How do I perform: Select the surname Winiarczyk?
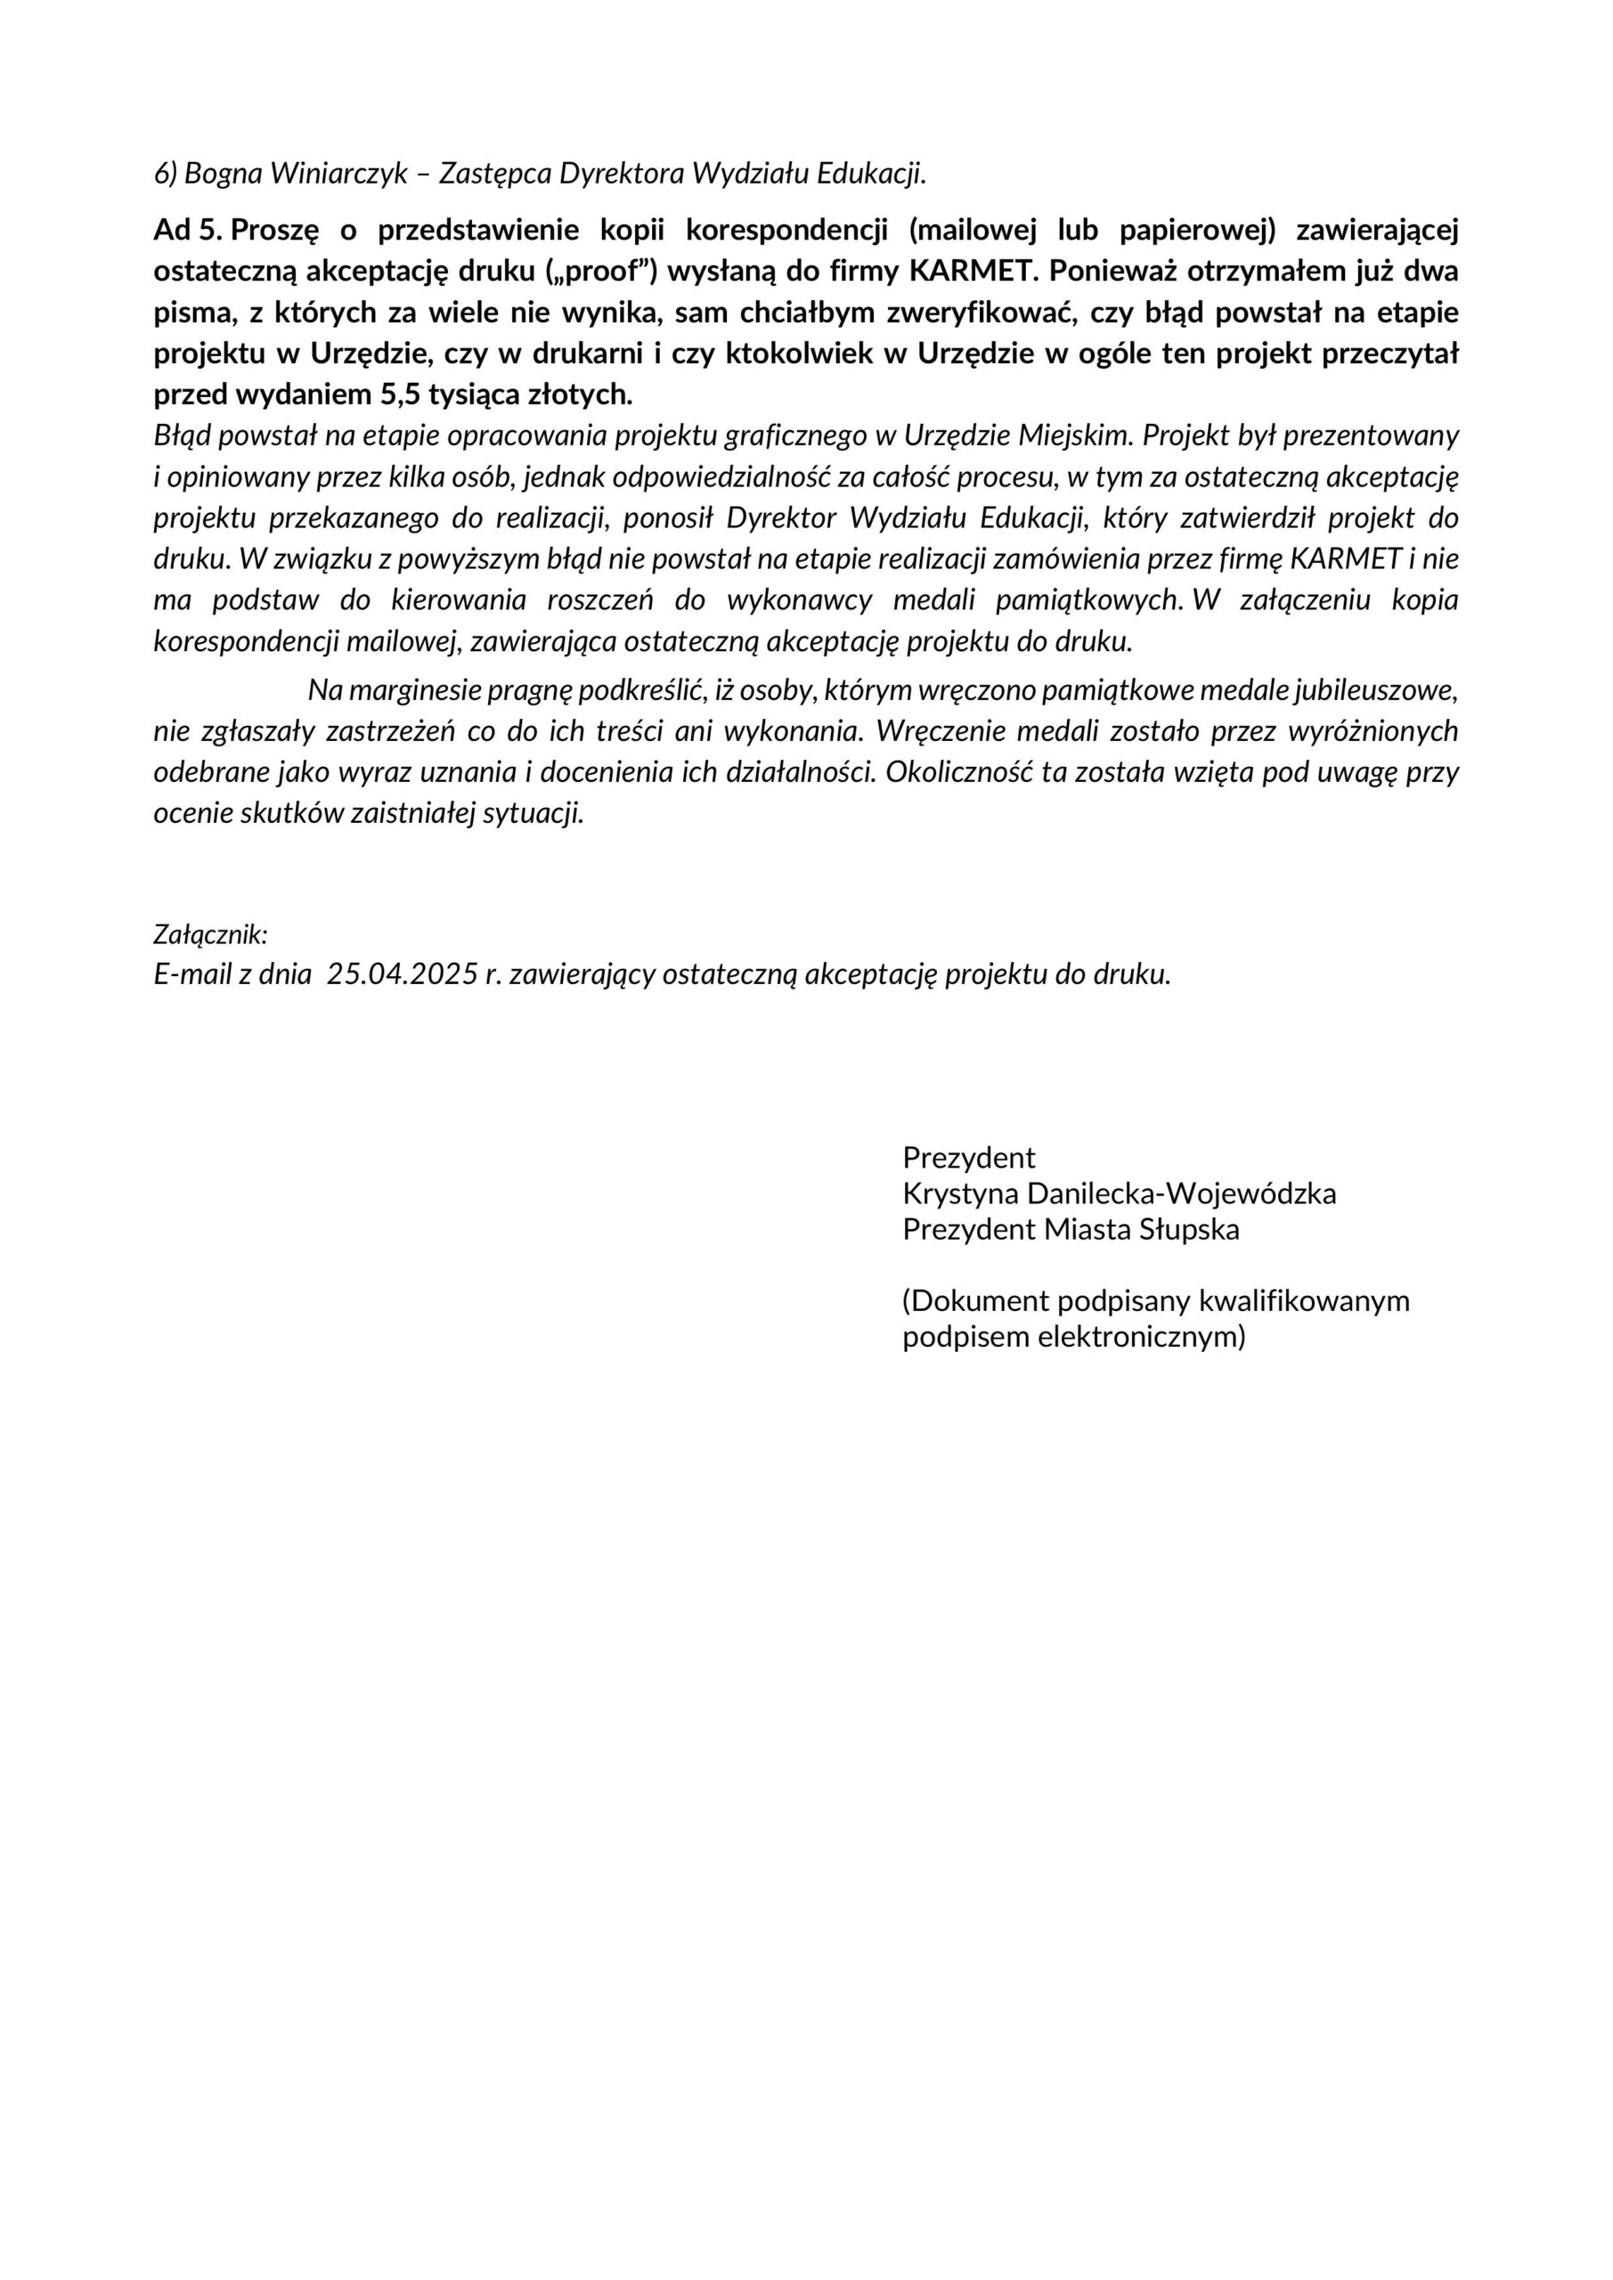click(338, 174)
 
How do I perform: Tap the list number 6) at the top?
click(166, 174)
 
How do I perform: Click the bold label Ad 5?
click(188, 231)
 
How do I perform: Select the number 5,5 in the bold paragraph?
click(400, 395)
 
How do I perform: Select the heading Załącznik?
click(210, 934)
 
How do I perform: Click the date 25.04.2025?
click(403, 974)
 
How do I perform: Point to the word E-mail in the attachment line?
click(191, 974)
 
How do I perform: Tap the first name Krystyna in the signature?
click(959, 1193)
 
